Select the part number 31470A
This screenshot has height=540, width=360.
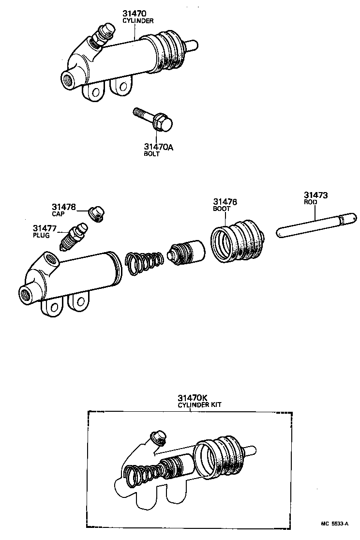(x=158, y=147)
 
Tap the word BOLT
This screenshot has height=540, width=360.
(x=151, y=154)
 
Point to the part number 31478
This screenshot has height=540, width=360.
(x=64, y=207)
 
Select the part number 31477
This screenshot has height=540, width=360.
(x=45, y=228)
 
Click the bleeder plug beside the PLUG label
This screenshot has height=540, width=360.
(x=73, y=237)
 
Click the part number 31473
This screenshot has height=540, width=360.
(x=316, y=195)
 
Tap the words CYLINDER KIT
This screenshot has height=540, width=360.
(x=199, y=405)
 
